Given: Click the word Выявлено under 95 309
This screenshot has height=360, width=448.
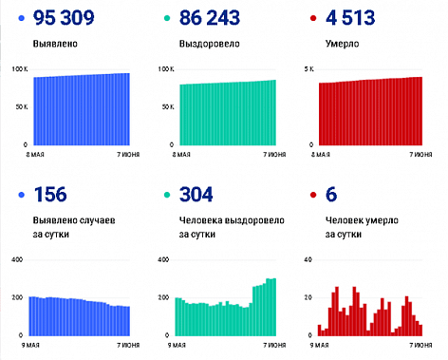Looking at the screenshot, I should coord(55,44).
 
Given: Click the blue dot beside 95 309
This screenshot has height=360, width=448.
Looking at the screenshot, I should coord(21,18).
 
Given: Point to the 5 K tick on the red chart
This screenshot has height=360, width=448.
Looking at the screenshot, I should coord(308,70).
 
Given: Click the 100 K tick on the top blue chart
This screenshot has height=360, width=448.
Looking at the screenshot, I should coord(20,70).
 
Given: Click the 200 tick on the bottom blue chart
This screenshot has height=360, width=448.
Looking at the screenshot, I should coord(17,298).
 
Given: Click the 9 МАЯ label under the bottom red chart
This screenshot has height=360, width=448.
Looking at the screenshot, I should coord(321,345).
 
